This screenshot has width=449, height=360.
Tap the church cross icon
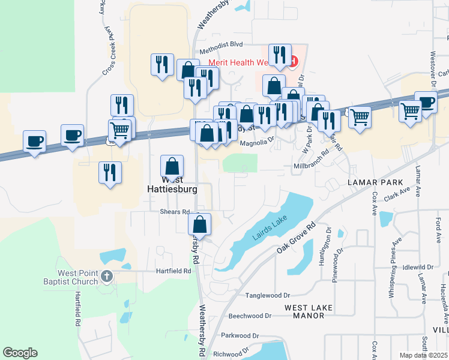tap(107, 276)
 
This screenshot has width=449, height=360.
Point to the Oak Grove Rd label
tap(297, 238)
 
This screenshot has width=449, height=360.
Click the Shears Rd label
tap(175, 212)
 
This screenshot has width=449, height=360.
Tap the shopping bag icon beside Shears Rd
tap(200, 224)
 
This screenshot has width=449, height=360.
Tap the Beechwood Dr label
tap(250, 316)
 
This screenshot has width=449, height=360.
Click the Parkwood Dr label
tap(240, 335)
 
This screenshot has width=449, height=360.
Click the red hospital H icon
tap(293, 61)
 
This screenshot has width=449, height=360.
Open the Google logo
tap(20, 353)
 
